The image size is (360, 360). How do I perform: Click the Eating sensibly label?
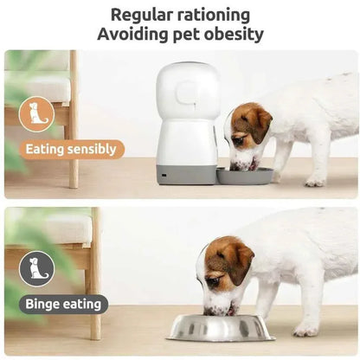71,149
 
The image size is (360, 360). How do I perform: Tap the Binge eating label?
66,304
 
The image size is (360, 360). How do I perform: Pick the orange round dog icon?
37,115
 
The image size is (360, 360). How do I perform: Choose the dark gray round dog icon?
37,269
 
